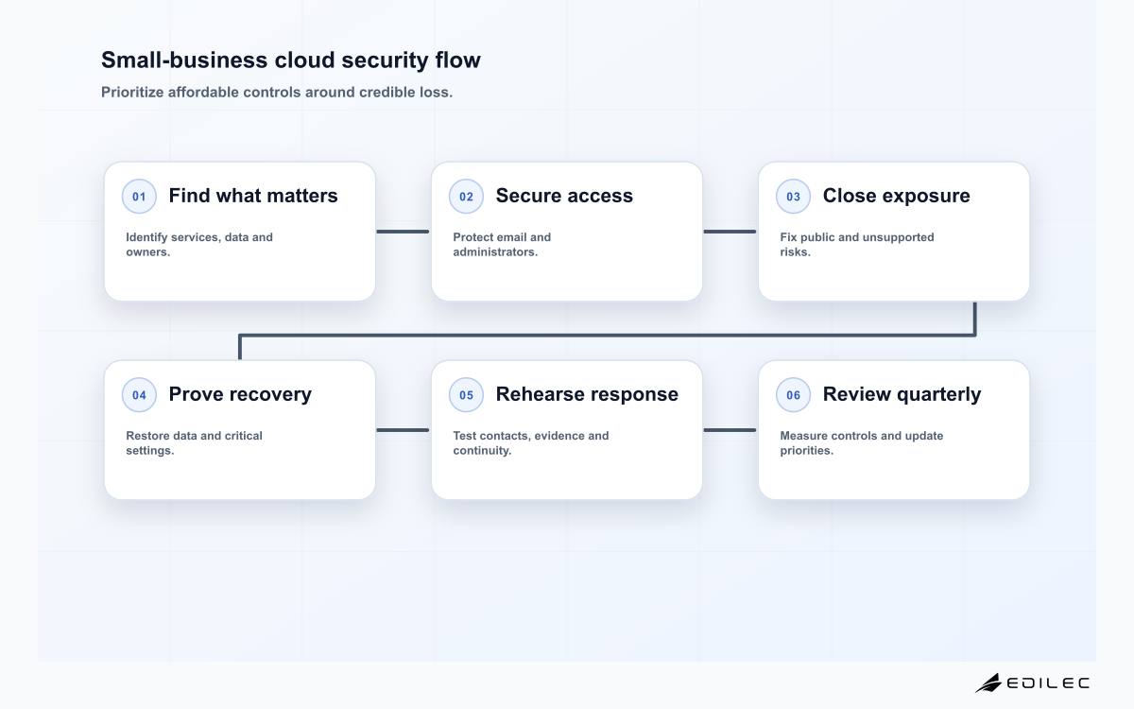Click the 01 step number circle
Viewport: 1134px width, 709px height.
(x=139, y=196)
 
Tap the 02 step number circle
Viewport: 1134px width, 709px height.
(x=466, y=196)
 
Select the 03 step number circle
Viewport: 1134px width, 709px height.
(x=793, y=196)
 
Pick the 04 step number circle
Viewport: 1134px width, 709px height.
(x=139, y=394)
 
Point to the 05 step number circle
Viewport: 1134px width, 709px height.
(x=466, y=394)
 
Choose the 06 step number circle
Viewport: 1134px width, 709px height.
(x=793, y=394)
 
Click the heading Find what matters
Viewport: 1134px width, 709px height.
(x=253, y=196)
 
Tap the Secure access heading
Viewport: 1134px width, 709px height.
(x=564, y=196)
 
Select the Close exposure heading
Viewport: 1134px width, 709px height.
(x=896, y=196)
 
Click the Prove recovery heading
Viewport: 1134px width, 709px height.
(x=240, y=394)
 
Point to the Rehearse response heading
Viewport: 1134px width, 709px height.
(x=587, y=394)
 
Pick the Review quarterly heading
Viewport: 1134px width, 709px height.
(x=902, y=394)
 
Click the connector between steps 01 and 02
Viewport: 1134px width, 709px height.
(x=403, y=232)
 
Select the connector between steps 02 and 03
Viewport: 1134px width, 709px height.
(x=730, y=232)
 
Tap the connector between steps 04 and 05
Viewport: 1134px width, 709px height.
(x=403, y=430)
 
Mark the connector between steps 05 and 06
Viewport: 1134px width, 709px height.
(x=730, y=430)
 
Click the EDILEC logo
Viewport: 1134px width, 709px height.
(x=1032, y=683)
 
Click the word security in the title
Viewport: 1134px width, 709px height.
(x=385, y=61)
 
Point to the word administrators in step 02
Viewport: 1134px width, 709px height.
(x=495, y=251)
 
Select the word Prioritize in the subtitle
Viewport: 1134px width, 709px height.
(x=132, y=93)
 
